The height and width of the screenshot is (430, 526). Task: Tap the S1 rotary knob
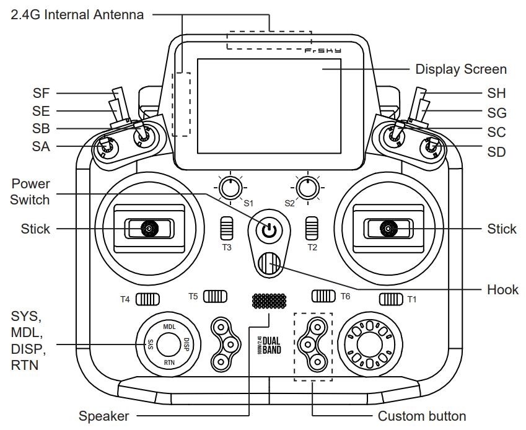229,186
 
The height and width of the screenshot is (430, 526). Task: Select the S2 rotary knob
305,186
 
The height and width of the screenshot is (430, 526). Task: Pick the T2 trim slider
312,228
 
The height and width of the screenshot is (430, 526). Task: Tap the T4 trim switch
147,299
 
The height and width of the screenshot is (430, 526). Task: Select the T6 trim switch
323,296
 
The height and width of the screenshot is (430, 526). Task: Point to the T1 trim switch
392,299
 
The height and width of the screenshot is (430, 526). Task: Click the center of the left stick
148,229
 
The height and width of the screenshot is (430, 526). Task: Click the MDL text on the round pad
169,325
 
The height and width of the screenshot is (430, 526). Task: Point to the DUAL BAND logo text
271,344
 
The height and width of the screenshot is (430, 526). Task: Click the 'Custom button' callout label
418,416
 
